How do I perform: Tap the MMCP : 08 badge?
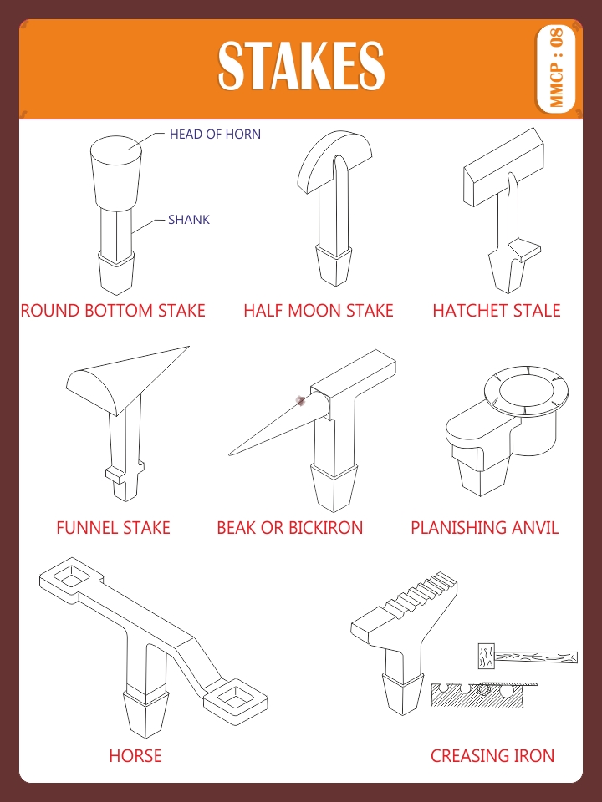click(557, 68)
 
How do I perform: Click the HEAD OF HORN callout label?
click(215, 134)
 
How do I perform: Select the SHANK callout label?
click(189, 220)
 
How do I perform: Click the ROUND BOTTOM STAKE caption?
click(113, 311)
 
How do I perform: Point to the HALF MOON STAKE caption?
click(318, 311)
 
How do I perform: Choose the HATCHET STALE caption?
click(496, 311)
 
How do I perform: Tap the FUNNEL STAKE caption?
click(113, 528)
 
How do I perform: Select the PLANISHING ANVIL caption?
click(484, 528)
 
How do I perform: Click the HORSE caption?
click(135, 756)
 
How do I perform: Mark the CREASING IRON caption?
click(492, 756)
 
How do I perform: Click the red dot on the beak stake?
click(301, 402)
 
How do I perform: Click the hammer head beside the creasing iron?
click(484, 657)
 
